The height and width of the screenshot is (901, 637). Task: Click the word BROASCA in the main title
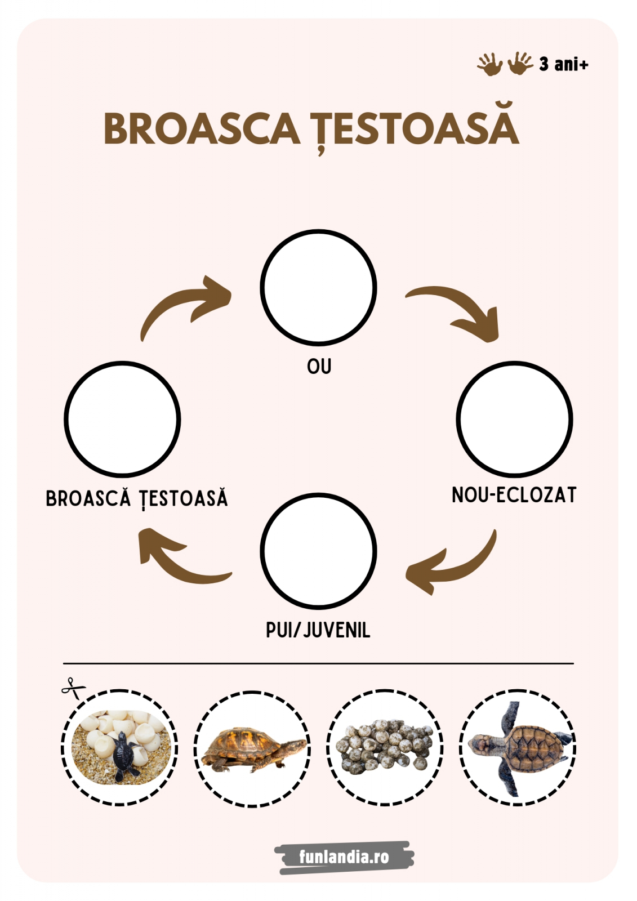(202, 128)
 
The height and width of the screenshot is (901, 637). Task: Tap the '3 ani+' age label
(563, 64)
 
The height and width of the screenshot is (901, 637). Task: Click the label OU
(319, 367)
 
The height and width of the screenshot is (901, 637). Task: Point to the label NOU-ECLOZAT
(514, 495)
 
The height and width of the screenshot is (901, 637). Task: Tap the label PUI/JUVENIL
(318, 630)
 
